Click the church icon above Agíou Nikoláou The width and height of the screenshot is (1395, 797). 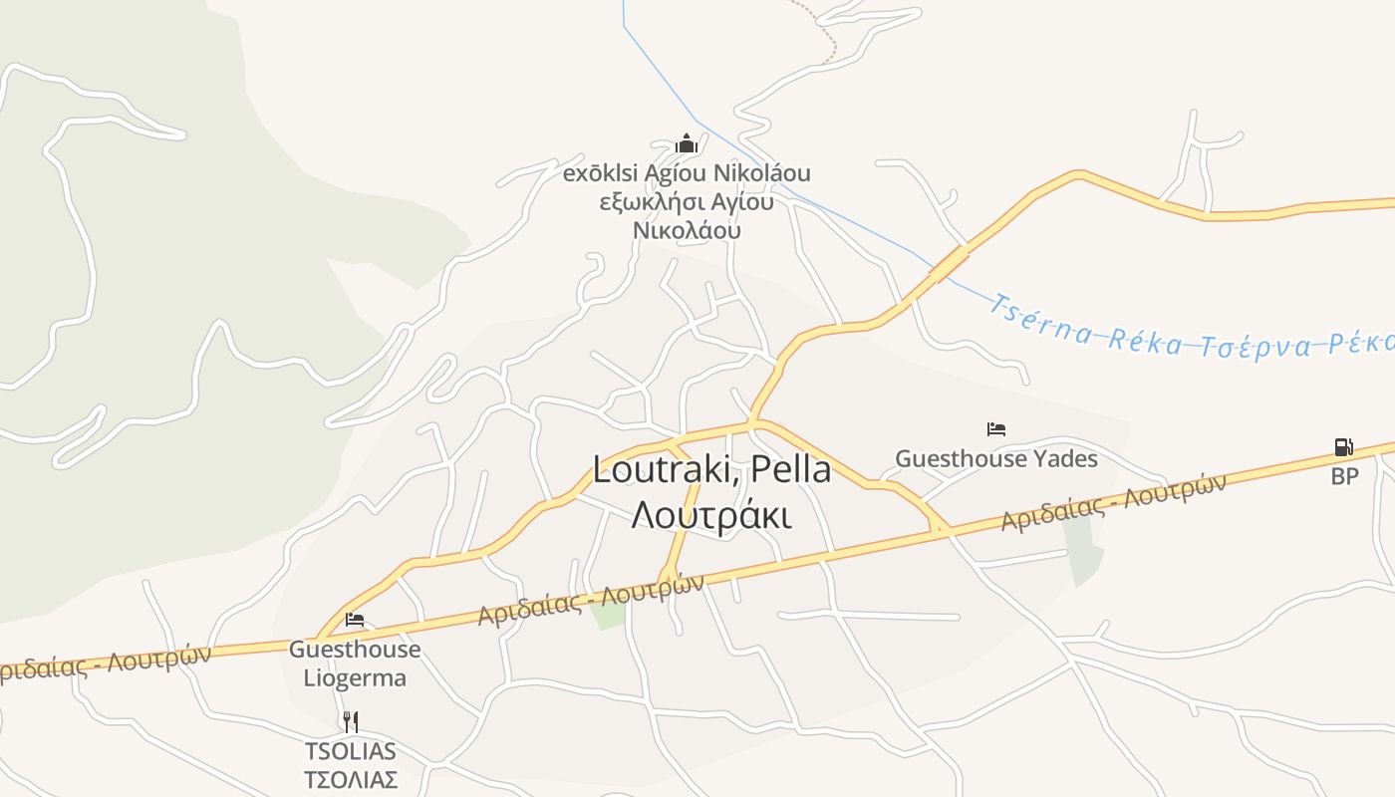point(686,143)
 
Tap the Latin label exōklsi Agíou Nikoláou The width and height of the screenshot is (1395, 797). point(687,173)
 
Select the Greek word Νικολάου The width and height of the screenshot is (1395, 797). point(687,230)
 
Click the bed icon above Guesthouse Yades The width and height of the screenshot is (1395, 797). point(995,429)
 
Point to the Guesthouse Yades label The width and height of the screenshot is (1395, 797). point(995,458)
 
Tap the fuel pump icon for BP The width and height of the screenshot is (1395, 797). point(1343,447)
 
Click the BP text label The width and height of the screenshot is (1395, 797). point(1344,476)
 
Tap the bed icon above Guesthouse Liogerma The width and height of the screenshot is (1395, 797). point(354,620)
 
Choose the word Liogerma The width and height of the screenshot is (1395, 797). point(355,678)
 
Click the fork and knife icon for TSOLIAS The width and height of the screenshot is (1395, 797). point(350,721)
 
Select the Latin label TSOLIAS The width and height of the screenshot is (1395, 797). point(350,751)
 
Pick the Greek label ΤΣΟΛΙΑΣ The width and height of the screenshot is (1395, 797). point(350,779)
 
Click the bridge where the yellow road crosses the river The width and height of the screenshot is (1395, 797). point(950,263)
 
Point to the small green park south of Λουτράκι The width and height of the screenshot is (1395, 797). point(608,615)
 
